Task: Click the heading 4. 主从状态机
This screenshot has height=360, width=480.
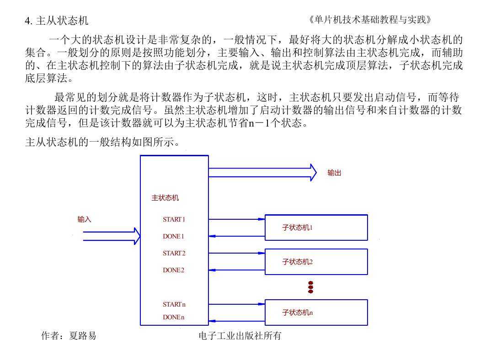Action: point(57,21)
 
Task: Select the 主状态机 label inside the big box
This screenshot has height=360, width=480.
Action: point(165,198)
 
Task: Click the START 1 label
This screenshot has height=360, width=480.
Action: point(174,219)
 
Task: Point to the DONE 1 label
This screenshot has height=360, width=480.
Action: point(173,236)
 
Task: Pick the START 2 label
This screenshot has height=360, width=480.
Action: point(174,253)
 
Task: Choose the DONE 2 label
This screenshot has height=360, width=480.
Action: point(174,270)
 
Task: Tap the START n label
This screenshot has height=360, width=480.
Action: point(174,304)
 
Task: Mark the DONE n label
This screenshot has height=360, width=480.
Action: point(174,317)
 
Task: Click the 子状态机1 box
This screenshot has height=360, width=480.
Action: point(316,228)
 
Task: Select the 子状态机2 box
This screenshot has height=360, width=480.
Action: point(316,262)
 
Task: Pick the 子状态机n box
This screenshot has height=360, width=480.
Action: point(316,312)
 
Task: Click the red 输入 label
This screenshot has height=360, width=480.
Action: point(84,219)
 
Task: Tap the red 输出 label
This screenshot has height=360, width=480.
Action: point(334,173)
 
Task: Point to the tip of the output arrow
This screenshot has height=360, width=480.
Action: point(316,173)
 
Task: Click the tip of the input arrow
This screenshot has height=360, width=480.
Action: point(140,236)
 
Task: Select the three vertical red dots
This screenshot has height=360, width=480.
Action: point(311,287)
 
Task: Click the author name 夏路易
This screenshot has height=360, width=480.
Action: point(83,336)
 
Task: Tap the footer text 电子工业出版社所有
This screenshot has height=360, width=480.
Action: point(240,336)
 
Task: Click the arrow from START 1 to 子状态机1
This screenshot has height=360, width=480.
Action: point(237,219)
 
